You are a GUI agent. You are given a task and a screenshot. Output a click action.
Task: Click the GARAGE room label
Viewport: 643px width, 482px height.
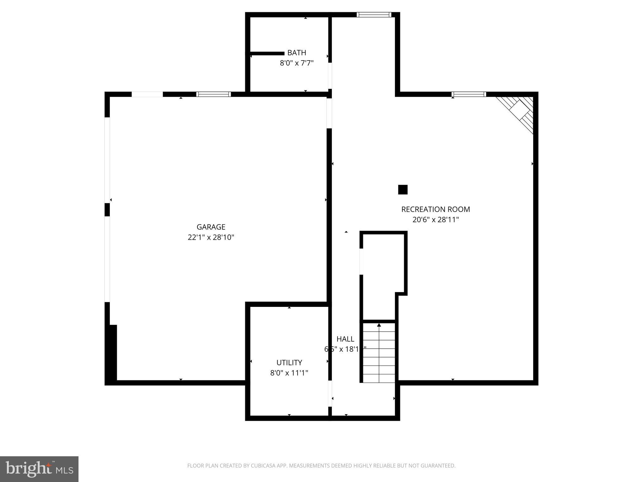click(211, 227)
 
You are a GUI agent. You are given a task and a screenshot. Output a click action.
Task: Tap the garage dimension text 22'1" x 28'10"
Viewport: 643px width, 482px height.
click(211, 237)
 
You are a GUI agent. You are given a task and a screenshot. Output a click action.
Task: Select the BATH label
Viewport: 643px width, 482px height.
click(297, 53)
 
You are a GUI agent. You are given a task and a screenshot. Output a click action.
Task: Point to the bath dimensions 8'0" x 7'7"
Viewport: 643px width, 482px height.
click(297, 63)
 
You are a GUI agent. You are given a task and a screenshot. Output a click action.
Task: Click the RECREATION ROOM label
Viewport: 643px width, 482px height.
click(435, 209)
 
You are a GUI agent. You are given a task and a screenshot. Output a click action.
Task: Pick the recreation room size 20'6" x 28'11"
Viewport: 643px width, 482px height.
click(435, 220)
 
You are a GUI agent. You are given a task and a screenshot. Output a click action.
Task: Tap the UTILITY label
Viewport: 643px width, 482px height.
click(289, 363)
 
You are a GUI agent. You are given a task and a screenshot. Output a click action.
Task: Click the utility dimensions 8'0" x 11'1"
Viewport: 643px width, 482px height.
click(289, 373)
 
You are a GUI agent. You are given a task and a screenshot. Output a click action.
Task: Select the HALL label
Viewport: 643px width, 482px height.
click(345, 339)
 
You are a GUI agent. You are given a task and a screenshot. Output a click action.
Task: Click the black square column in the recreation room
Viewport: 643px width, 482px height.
click(403, 190)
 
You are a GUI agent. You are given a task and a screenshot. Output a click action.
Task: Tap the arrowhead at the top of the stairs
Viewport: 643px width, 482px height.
click(379, 325)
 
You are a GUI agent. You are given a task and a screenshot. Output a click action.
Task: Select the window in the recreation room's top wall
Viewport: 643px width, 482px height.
click(469, 94)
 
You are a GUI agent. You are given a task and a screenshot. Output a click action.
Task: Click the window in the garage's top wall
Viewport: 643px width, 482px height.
click(213, 94)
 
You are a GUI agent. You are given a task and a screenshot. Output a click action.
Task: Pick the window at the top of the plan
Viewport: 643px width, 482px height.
click(374, 14)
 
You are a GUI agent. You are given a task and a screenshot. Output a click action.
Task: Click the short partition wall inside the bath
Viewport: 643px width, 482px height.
click(267, 54)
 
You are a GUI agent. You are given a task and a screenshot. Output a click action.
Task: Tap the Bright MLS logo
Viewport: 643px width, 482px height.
click(39, 469)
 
